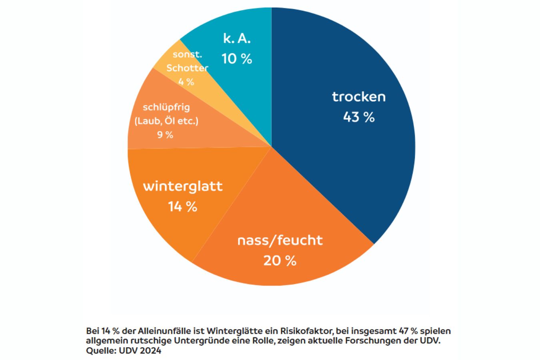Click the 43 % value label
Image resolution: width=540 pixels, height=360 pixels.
[359, 117]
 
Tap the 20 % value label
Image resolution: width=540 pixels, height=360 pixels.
[280, 261]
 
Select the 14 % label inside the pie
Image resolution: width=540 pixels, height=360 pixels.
[182, 207]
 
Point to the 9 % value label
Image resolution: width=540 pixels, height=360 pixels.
[165, 135]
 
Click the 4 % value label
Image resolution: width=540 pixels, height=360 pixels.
[186, 82]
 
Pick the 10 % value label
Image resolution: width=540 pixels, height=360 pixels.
[237, 59]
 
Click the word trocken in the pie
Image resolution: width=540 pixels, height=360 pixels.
[359, 97]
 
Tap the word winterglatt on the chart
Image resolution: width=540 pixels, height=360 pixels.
[183, 186]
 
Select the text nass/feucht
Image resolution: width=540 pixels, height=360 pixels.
[280, 240]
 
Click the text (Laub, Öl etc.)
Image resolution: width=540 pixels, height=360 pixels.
[166, 121]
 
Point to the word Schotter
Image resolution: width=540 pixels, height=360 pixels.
[187, 68]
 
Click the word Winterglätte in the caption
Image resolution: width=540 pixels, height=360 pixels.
[232, 331]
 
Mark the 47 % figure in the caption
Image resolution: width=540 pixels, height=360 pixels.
[408, 331]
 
